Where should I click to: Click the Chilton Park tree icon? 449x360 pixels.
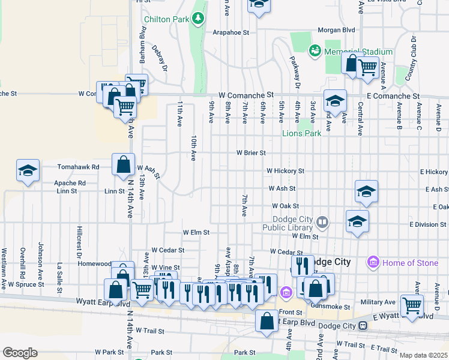[x=197, y=19]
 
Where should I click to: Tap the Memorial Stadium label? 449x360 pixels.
[x=358, y=52]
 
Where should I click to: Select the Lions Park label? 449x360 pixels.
[x=302, y=133]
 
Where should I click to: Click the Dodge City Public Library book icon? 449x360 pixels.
[x=323, y=223]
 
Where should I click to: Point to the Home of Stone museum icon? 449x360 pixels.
[x=373, y=263]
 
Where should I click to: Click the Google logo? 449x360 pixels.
[x=20, y=352]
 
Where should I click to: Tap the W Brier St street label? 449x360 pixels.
[x=250, y=153]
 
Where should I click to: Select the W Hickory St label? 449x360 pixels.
[x=286, y=171]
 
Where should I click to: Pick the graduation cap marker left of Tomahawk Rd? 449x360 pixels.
[x=28, y=171]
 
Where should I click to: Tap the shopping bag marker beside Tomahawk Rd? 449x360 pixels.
[x=123, y=164]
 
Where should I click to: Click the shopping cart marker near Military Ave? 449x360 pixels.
[x=412, y=305]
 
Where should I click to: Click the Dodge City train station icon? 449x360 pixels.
[x=363, y=325]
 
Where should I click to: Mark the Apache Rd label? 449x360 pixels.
[x=70, y=182]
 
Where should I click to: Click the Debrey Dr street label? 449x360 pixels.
[x=160, y=57]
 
